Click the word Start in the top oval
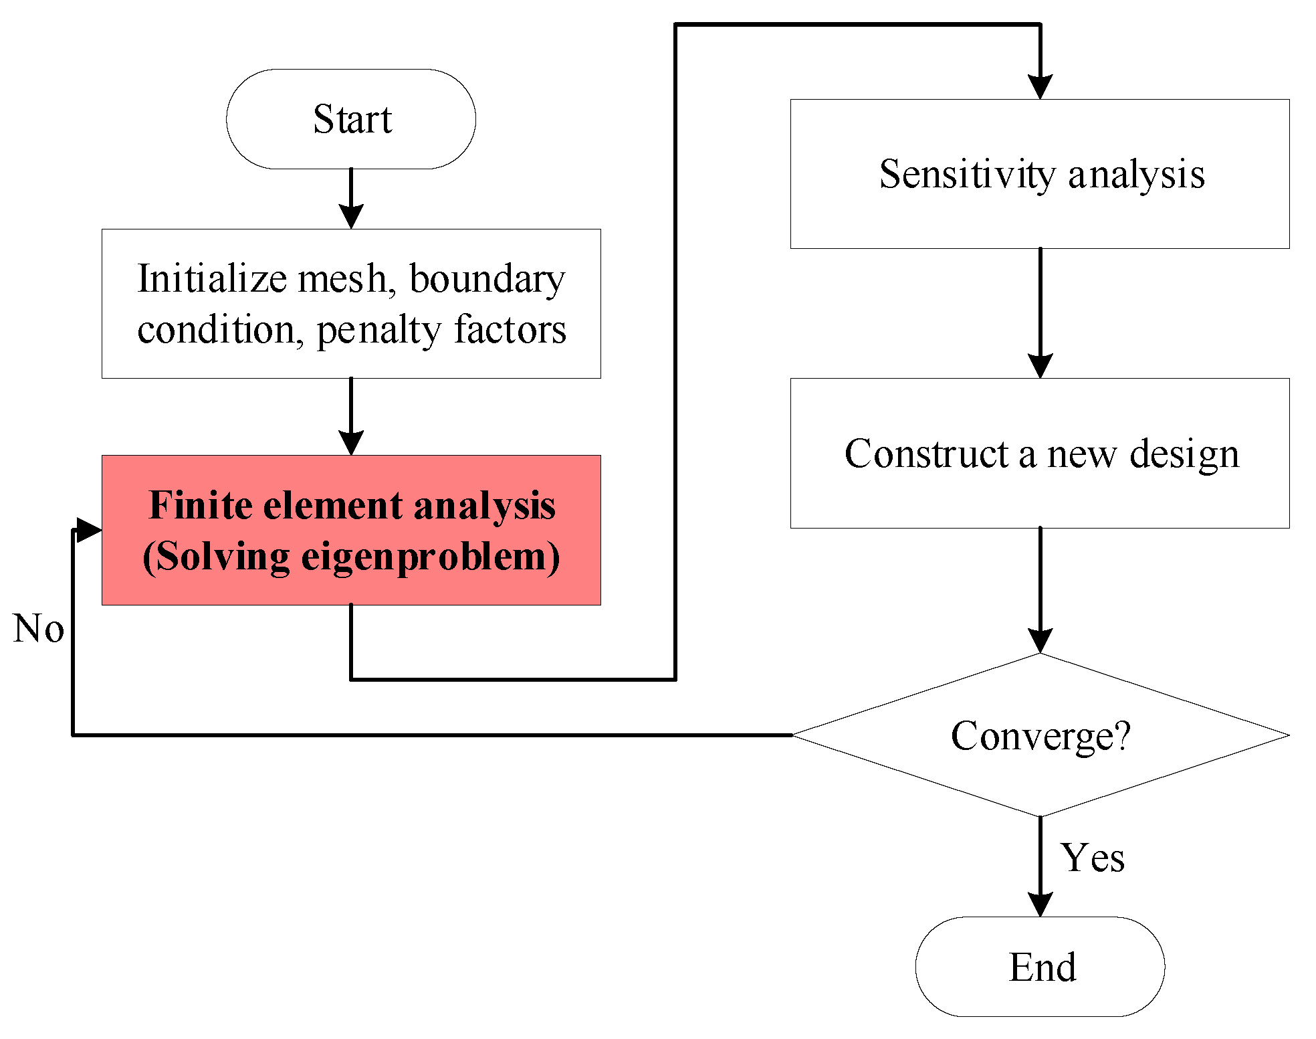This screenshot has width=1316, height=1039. pyautogui.click(x=352, y=119)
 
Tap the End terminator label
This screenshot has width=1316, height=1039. pyautogui.click(x=1042, y=967)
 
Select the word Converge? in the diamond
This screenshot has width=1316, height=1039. pyautogui.click(x=1040, y=737)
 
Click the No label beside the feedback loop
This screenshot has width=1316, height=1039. pyautogui.click(x=38, y=629)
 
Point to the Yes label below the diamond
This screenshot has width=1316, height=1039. pyautogui.click(x=1092, y=858)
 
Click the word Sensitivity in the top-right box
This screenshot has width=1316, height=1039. pyautogui.click(x=966, y=175)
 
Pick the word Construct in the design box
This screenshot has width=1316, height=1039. pyautogui.click(x=926, y=454)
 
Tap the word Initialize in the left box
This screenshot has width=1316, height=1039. pyautogui.click(x=213, y=279)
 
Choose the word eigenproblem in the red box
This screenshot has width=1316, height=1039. pyautogui.click(x=424, y=557)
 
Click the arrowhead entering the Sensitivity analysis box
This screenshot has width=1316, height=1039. pyautogui.click(x=1040, y=87)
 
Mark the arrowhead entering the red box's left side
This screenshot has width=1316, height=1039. pyautogui.click(x=89, y=530)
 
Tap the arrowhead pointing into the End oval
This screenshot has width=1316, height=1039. pyautogui.click(x=1040, y=905)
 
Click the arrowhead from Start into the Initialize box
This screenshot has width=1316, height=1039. pyautogui.click(x=351, y=217)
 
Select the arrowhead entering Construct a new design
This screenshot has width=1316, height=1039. pyautogui.click(x=1040, y=366)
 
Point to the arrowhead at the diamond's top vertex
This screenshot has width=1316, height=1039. pyautogui.click(x=1040, y=640)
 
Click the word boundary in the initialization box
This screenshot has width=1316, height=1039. pyautogui.click(x=487, y=279)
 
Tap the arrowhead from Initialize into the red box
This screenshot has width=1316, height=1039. pyautogui.click(x=351, y=443)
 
